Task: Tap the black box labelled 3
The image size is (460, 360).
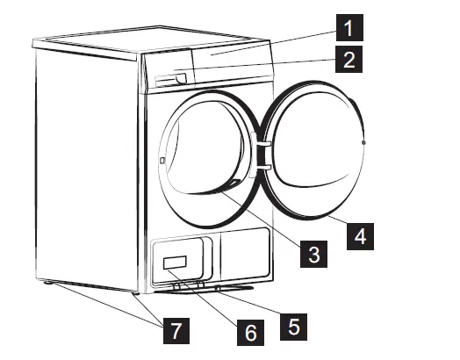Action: coord(313,254)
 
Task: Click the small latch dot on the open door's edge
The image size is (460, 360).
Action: coord(363,141)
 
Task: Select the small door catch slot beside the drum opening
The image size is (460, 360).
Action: coord(163,160)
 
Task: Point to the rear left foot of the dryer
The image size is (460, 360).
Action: coord(43,283)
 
